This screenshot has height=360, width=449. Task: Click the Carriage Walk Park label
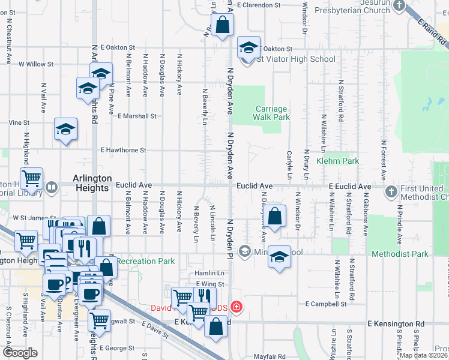click(x=271, y=113)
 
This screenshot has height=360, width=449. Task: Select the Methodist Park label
click(x=400, y=254)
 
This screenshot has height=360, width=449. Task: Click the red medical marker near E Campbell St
click(x=237, y=308)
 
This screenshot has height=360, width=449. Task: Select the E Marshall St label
click(x=137, y=116)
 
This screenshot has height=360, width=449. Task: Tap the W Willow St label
click(x=37, y=63)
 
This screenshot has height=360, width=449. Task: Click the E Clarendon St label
click(x=259, y=5)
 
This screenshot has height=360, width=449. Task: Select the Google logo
click(x=20, y=353)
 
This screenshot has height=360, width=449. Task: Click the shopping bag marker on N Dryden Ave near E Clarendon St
click(x=222, y=25)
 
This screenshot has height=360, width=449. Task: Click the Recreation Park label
click(x=145, y=261)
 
